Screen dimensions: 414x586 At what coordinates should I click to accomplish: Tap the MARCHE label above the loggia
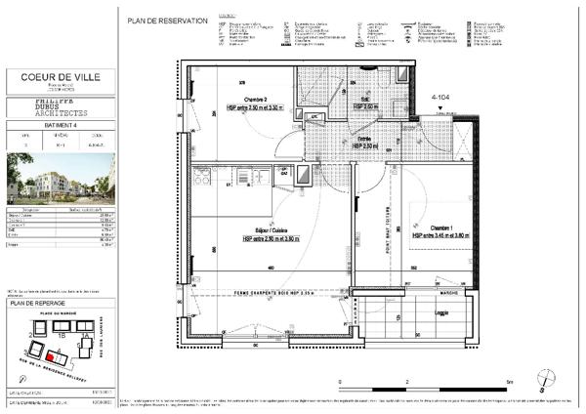447,291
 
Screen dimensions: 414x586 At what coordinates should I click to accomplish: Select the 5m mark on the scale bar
510,383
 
